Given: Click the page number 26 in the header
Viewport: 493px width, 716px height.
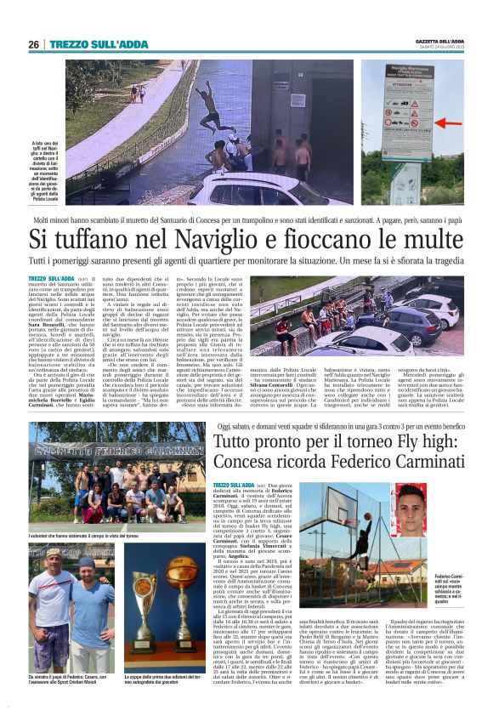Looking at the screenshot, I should coord(33,44).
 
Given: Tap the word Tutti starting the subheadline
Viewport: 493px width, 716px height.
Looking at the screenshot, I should coord(39,260).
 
